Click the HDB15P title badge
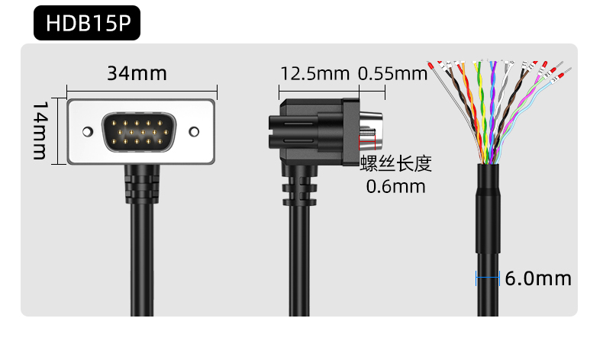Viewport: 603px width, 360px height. pyautogui.click(x=87, y=23)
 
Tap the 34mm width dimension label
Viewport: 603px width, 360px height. pyautogui.click(x=137, y=73)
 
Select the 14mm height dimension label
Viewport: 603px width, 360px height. pyautogui.click(x=40, y=130)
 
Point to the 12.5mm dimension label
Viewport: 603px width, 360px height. pyautogui.click(x=315, y=73)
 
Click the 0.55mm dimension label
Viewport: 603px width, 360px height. pyautogui.click(x=392, y=73)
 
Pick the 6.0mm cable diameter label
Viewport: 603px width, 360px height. pyautogui.click(x=538, y=278)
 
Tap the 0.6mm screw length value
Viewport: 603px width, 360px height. pyautogui.click(x=395, y=187)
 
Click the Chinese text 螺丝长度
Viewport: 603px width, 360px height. pyautogui.click(x=396, y=163)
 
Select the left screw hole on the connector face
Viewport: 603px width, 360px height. pyautogui.click(x=88, y=132)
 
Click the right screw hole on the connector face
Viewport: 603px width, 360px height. pyautogui.click(x=194, y=132)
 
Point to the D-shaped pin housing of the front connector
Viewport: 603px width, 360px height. pyautogui.click(x=139, y=132)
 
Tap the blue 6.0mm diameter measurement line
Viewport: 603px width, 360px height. pyautogui.click(x=488, y=278)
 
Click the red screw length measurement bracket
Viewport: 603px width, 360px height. pyautogui.click(x=367, y=142)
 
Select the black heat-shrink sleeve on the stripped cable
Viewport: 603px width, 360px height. pyautogui.click(x=489, y=208)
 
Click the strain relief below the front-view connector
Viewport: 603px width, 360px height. pyautogui.click(x=142, y=184)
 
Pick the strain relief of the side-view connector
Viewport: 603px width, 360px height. pyautogui.click(x=299, y=188)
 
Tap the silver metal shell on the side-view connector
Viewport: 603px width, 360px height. pyautogui.click(x=371, y=130)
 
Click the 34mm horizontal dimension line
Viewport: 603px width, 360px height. pyautogui.click(x=142, y=91)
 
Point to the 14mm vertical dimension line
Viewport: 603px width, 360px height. pyautogui.click(x=58, y=131)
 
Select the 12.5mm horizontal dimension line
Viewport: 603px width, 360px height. pyautogui.click(x=319, y=91)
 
